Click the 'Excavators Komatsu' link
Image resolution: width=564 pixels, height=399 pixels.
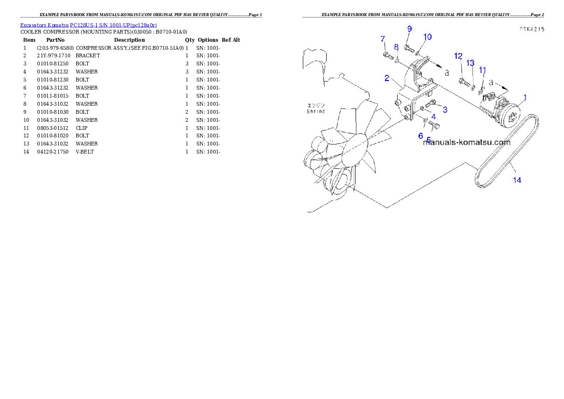44,25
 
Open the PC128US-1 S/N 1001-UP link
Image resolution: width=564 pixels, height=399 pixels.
113,25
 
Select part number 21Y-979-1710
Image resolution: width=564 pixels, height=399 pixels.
54,56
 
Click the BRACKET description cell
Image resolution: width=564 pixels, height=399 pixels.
88,56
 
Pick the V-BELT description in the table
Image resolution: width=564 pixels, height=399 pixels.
84,152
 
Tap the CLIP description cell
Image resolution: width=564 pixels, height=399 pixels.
82,128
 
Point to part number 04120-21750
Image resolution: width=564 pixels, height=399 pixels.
53,152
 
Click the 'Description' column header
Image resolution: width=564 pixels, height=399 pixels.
129,40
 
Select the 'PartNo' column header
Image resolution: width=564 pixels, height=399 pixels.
55,40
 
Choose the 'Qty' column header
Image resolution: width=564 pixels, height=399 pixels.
190,40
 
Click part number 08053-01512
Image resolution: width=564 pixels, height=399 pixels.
53,128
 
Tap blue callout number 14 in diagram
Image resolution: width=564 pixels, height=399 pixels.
517,180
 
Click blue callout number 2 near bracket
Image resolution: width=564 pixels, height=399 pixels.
387,78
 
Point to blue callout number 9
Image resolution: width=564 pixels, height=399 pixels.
409,29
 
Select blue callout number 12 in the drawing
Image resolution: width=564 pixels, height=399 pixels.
458,56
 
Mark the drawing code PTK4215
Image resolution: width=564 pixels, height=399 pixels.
532,29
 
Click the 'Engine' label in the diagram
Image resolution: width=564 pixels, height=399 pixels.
316,111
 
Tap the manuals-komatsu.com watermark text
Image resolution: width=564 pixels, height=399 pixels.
466,143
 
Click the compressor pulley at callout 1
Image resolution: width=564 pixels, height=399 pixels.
511,115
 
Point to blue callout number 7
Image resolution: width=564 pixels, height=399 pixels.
383,39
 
